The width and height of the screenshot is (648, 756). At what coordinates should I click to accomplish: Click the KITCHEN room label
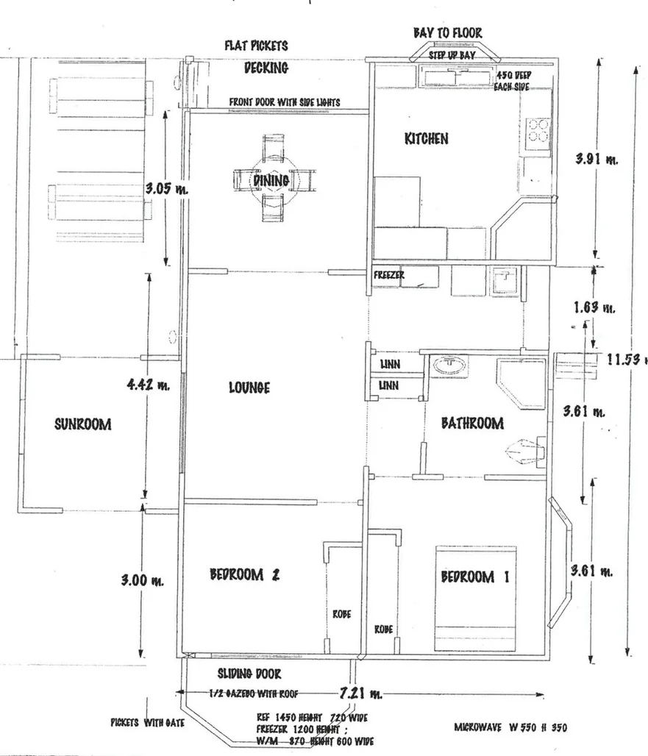426,138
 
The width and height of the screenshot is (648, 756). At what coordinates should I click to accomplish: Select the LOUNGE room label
249,388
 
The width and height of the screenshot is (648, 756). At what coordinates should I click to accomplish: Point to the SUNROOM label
82,424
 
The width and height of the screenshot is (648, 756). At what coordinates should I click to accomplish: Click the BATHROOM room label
472,423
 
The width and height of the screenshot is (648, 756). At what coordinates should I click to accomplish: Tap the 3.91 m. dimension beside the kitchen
596,158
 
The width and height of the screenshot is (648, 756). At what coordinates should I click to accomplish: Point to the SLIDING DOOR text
249,674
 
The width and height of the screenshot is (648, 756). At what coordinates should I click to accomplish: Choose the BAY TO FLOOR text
447,33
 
